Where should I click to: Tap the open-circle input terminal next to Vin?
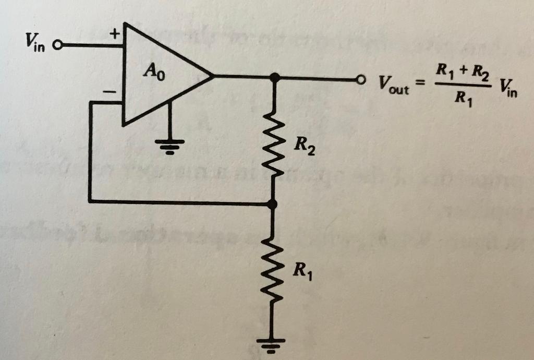57,45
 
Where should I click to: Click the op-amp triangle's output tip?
213,77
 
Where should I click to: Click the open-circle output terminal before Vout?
359,81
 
